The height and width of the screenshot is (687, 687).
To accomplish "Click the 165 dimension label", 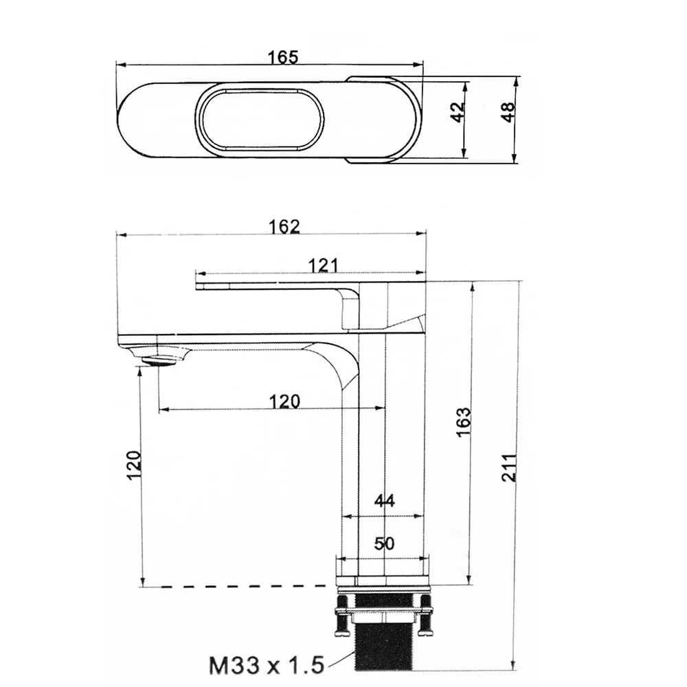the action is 283,57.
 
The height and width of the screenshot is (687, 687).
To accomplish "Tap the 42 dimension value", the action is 458,112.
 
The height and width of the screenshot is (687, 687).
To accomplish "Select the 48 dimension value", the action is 508,112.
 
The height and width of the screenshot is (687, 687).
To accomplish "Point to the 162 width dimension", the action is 284,227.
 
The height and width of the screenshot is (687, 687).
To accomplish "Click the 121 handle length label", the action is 324,265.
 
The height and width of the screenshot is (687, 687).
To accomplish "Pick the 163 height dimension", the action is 463,422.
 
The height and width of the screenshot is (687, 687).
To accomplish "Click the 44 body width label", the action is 384,500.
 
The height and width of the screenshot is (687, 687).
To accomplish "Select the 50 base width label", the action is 384,543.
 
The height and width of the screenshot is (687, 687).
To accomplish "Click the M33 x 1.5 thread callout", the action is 267,665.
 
